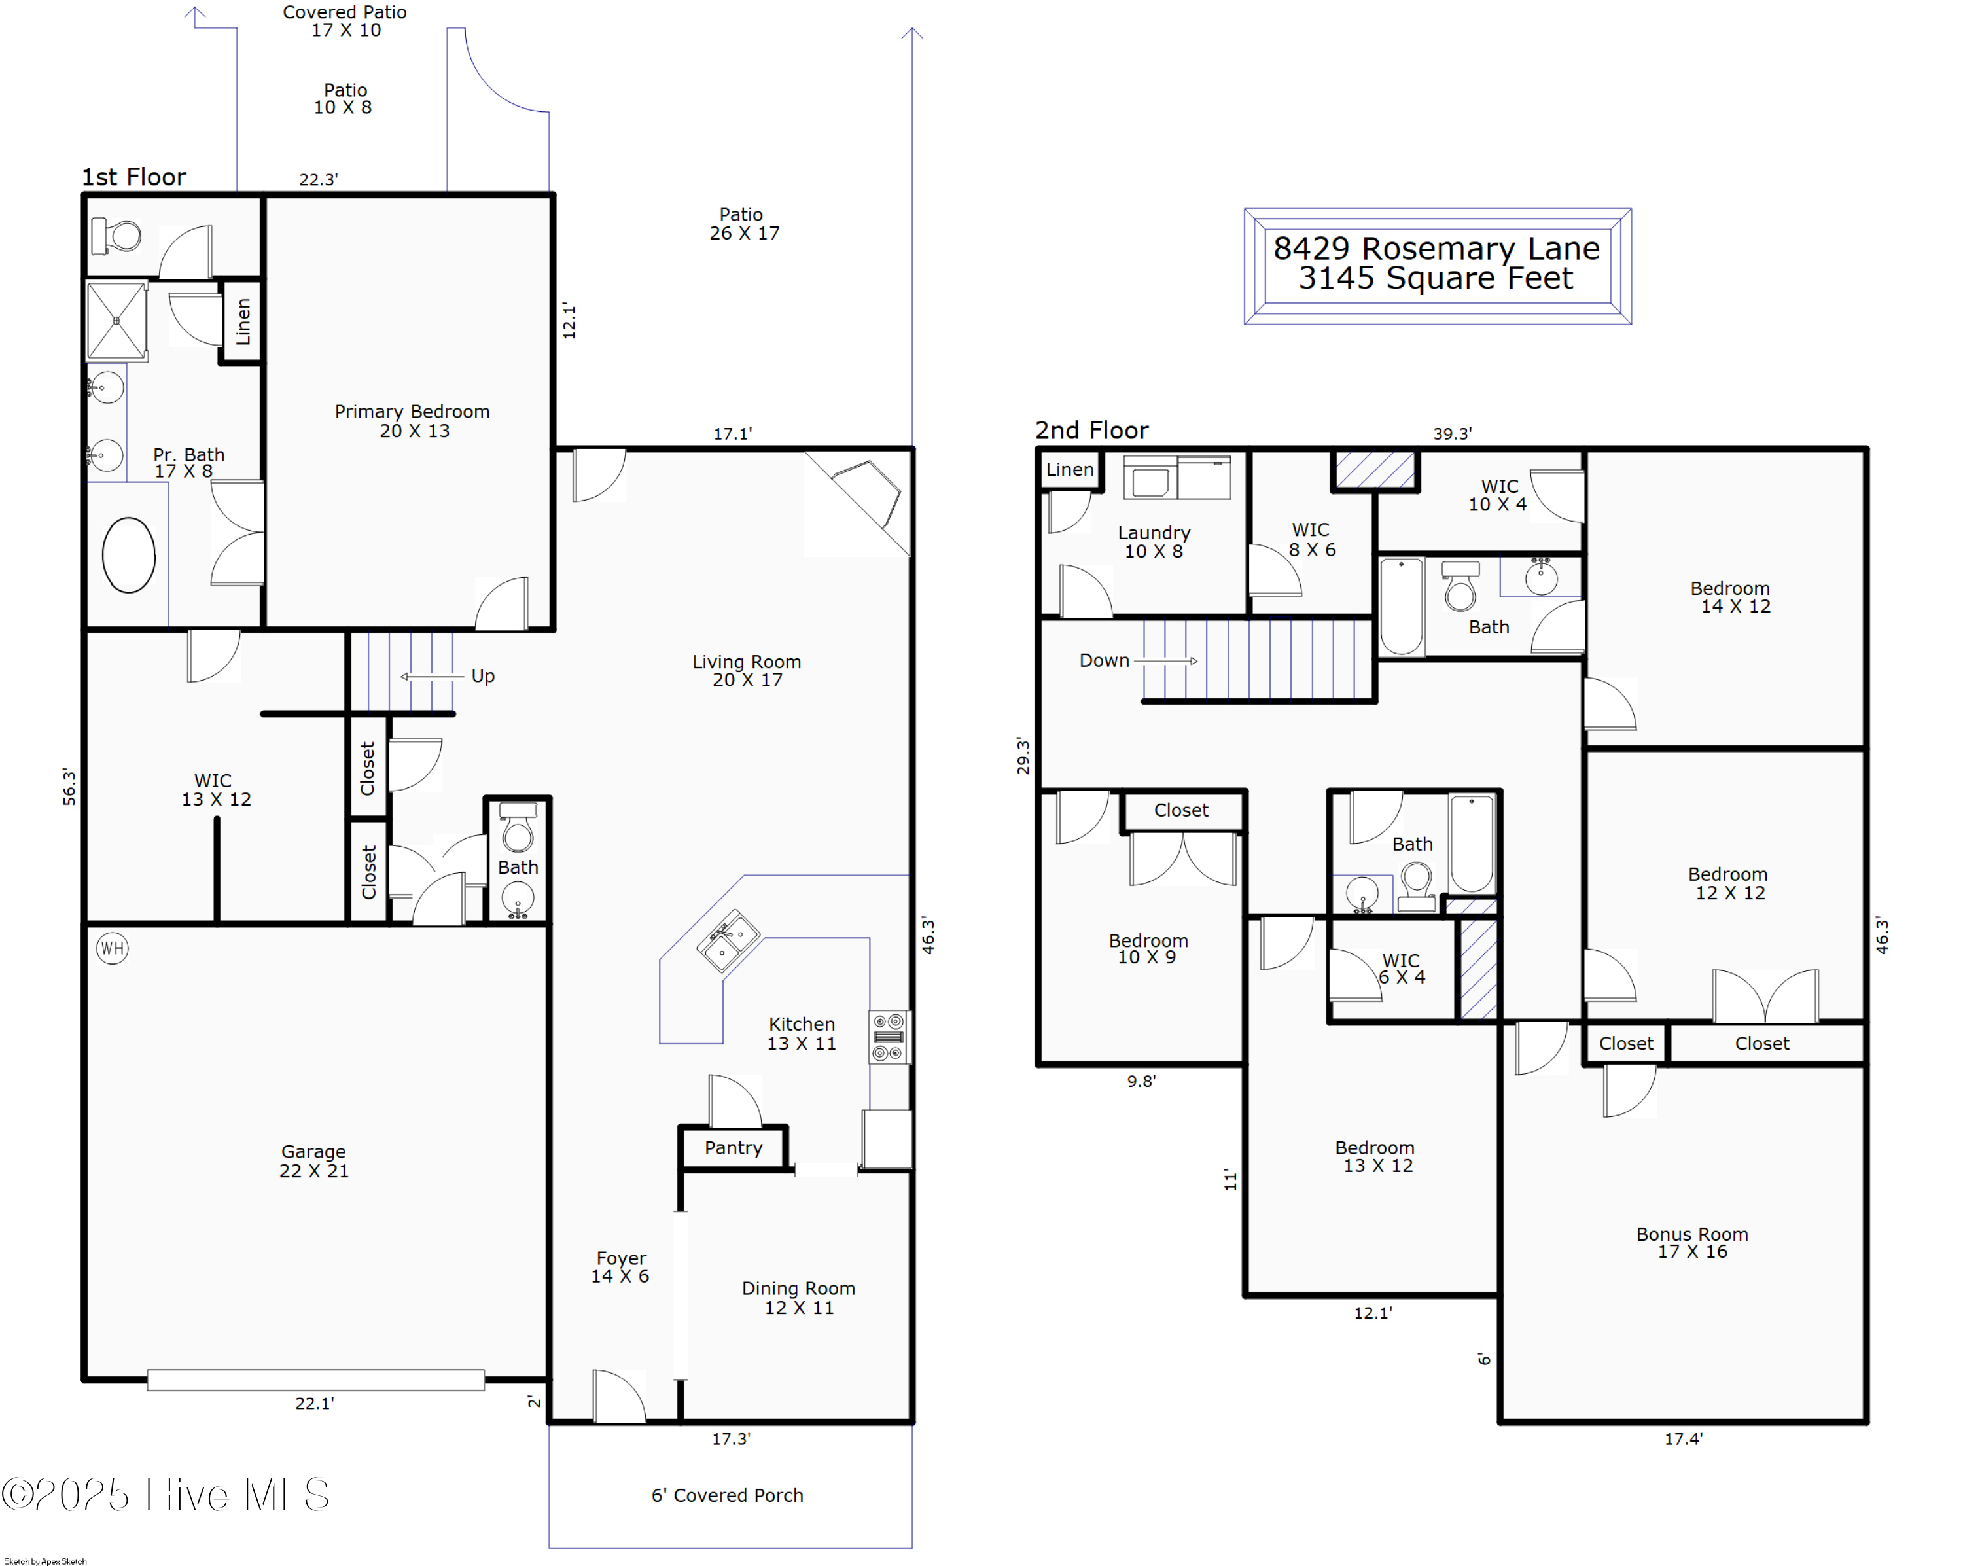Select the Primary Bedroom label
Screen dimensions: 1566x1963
412,421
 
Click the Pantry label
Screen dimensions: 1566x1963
733,1147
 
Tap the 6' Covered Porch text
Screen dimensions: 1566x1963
726,1495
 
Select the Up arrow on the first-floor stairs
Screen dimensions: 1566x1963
432,675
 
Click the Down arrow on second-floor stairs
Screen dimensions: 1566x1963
1169,660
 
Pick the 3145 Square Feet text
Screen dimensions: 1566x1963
1435,277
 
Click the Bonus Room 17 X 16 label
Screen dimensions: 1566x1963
1691,1242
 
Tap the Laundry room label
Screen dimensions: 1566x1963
1154,541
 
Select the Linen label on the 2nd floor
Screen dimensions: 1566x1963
1069,470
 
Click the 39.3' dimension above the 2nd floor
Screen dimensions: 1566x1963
1451,433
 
